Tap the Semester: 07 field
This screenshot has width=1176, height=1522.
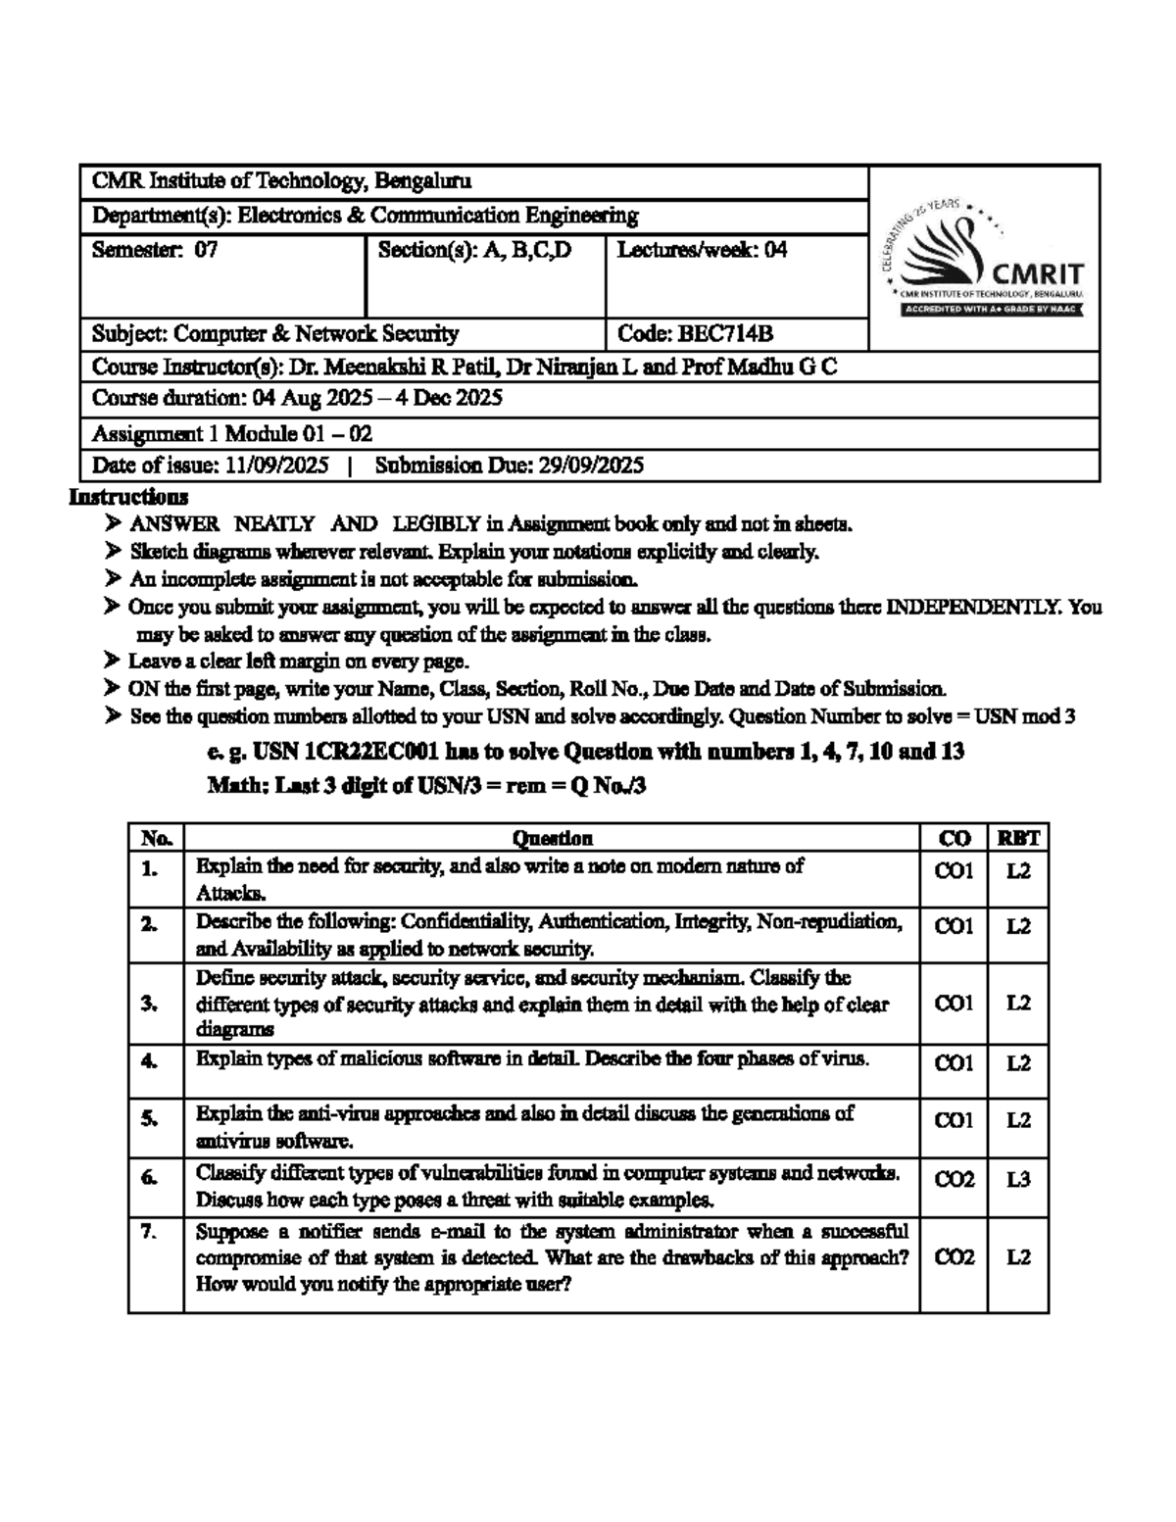(x=154, y=250)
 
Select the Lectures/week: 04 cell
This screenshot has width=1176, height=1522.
(x=702, y=250)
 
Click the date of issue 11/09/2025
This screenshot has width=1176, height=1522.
(x=276, y=466)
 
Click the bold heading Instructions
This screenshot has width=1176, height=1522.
(x=127, y=497)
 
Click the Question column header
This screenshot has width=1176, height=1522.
(x=552, y=838)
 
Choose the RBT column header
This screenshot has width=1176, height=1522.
(x=1018, y=838)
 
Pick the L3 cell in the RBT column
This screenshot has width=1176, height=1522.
(x=1018, y=1180)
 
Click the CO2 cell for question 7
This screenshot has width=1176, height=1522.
(x=954, y=1257)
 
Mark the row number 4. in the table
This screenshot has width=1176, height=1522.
(x=149, y=1060)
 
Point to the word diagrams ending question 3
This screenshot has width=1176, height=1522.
(x=235, y=1030)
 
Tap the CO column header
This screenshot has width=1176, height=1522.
(x=954, y=838)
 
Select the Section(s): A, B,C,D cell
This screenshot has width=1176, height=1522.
(x=474, y=250)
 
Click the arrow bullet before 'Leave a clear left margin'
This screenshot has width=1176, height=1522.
(x=113, y=662)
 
